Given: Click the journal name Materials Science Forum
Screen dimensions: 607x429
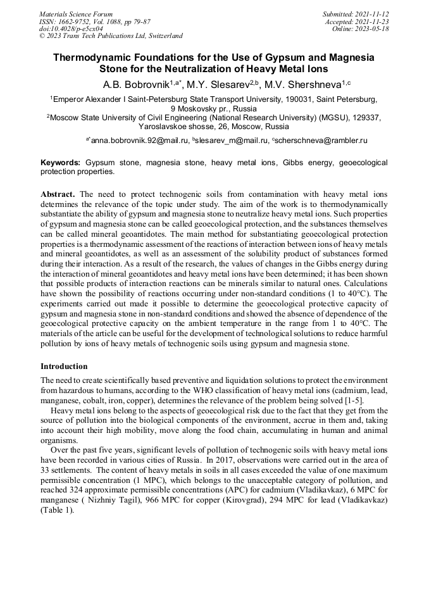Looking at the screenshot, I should [x=76, y=14].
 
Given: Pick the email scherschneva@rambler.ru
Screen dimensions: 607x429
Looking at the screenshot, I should [x=321, y=141].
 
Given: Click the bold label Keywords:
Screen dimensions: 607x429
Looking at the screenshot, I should [x=61, y=163].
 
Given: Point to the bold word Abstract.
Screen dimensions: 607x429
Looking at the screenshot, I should [x=59, y=193].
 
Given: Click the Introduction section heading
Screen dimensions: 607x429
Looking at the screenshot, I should [x=64, y=366].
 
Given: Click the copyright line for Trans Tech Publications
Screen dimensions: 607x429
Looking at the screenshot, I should [x=111, y=36].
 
